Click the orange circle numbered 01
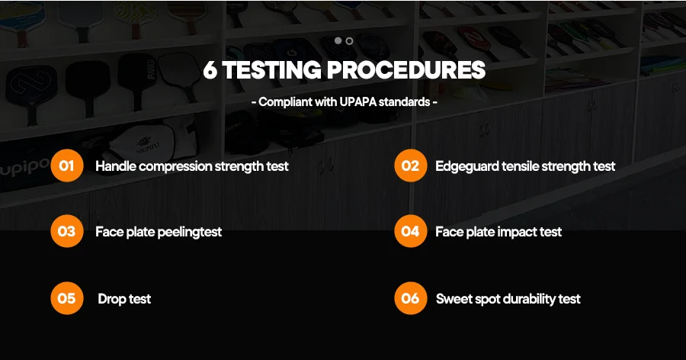point(67,166)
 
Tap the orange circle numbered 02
point(410,166)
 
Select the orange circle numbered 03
point(67,231)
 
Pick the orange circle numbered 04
point(410,231)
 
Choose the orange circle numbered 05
point(67,298)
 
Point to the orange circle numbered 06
point(410,298)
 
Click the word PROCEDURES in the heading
point(406,70)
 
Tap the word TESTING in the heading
point(271,70)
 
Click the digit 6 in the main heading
point(210,70)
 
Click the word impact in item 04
point(517,233)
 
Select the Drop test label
point(124,299)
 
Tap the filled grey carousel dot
point(338,40)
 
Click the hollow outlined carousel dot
point(349,40)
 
